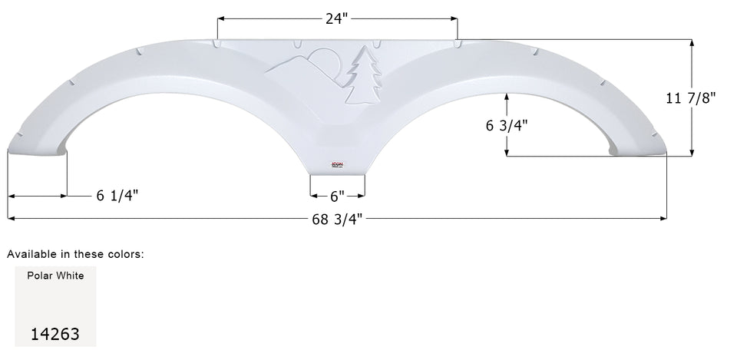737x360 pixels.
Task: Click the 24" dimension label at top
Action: tap(337, 18)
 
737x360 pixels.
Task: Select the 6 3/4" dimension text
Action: tap(507, 126)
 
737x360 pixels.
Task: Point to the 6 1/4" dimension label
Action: tap(117, 196)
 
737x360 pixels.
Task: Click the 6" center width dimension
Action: tap(337, 196)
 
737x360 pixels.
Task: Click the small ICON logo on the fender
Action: tap(337, 163)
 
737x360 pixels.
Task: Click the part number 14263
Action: tap(55, 334)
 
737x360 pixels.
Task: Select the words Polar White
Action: tap(55, 276)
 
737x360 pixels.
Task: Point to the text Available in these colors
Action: tap(75, 253)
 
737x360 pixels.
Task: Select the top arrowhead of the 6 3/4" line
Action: tap(507, 96)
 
